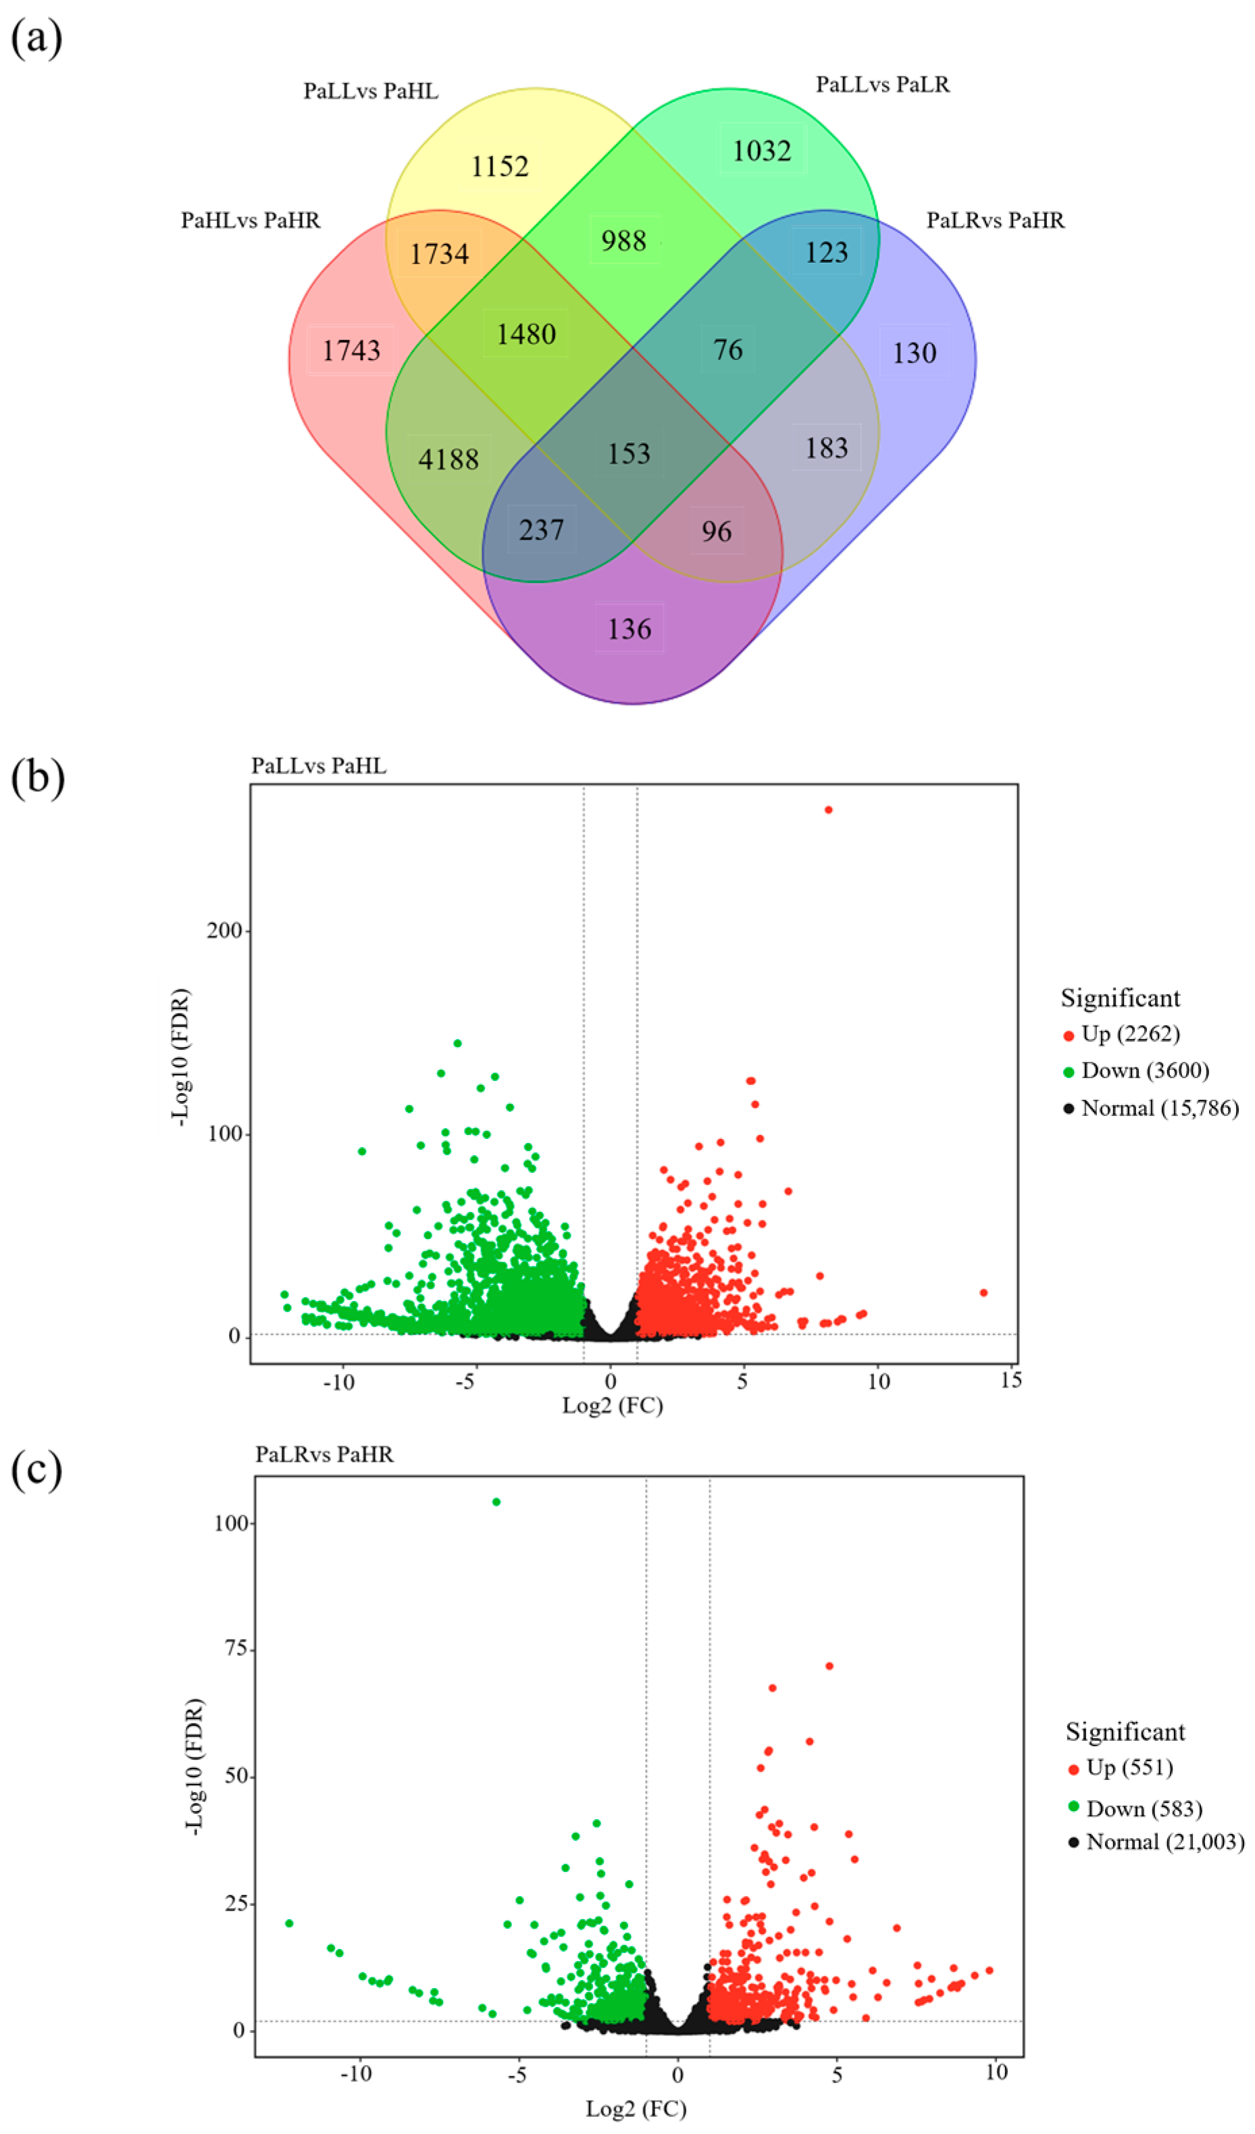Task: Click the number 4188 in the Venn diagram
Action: (449, 460)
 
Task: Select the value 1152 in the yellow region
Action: (500, 166)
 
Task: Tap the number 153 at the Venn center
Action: (628, 454)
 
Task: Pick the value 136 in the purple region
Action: (630, 628)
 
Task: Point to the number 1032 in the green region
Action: (761, 151)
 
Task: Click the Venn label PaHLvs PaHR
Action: (251, 221)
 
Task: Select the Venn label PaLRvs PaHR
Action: (995, 221)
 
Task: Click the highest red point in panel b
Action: (828, 809)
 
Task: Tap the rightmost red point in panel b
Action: (983, 1292)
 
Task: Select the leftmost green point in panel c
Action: (289, 1923)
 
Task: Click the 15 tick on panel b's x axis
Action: (1010, 1381)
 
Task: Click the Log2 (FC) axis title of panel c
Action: (635, 2108)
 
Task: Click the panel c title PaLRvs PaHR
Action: (324, 1454)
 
